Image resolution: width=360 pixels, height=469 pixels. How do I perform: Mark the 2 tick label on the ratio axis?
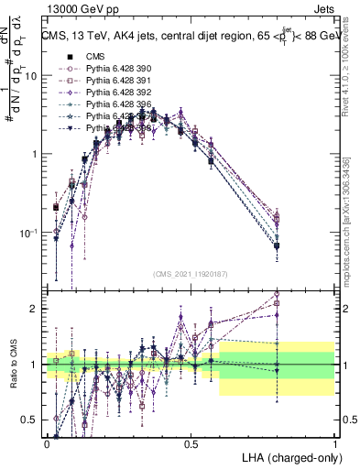click(x=35, y=309)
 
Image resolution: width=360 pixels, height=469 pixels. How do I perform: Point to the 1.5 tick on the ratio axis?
click(x=31, y=336)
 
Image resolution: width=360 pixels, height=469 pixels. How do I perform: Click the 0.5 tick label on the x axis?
click(x=191, y=442)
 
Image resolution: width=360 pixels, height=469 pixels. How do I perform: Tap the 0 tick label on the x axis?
click(x=48, y=442)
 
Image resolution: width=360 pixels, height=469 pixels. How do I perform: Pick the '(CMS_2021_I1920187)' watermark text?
click(x=191, y=274)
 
